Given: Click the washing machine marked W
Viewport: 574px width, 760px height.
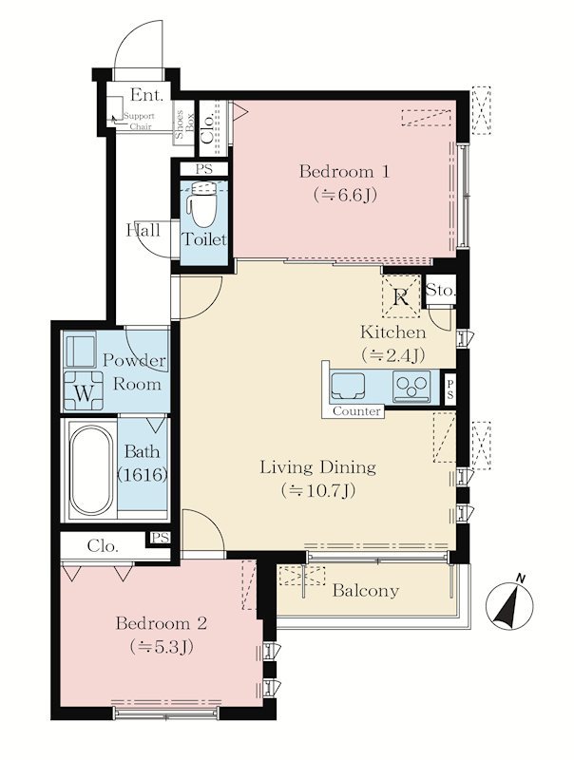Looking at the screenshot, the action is (x=84, y=390).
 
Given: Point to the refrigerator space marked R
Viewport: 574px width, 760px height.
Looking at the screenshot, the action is (x=401, y=296).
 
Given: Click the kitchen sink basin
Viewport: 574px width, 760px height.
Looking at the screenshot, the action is (x=349, y=386).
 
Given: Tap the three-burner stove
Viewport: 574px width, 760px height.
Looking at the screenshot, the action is (x=412, y=386).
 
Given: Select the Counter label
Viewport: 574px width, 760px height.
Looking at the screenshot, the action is (x=356, y=411).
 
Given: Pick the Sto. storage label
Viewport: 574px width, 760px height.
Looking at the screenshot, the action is (x=440, y=291).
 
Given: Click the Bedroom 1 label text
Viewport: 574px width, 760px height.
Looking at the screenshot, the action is (x=345, y=171).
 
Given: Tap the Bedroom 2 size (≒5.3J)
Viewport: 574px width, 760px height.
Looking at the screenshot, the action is (x=162, y=647).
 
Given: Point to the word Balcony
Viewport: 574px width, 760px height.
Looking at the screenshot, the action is (x=366, y=591).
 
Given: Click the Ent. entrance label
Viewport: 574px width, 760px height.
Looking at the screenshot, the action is (x=147, y=94).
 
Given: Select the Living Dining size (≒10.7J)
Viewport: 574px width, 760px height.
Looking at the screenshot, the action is (x=318, y=490).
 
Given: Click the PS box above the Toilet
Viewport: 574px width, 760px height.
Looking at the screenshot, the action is (x=204, y=169).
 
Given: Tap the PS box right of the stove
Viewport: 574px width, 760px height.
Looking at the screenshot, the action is (x=450, y=389).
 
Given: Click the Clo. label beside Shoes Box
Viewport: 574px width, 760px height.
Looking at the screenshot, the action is (x=207, y=128).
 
